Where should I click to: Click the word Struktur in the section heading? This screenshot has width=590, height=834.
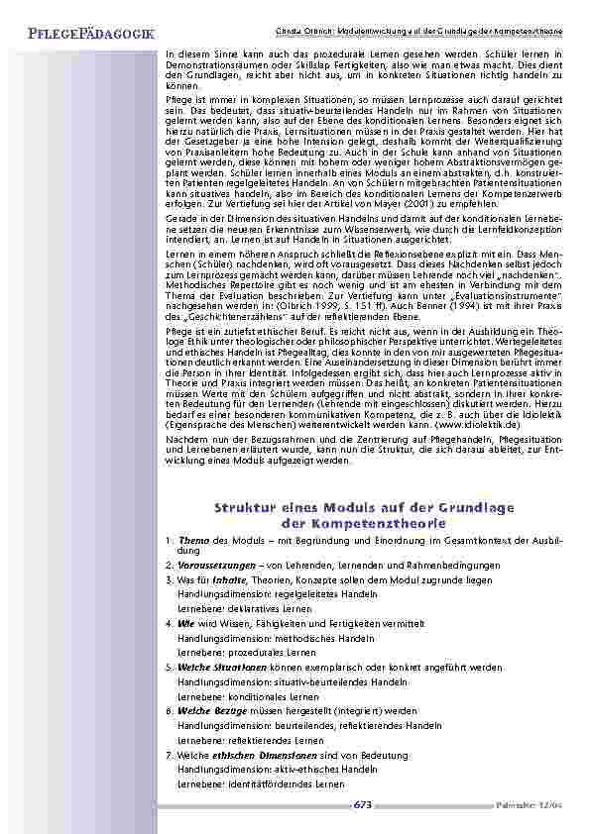coord(246,508)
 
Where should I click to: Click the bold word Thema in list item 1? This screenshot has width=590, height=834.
coord(189,540)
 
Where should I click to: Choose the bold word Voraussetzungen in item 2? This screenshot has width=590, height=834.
coord(212,564)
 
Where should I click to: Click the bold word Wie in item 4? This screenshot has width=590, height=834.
coord(183,624)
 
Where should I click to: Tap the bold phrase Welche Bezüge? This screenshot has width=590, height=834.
coord(209,711)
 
